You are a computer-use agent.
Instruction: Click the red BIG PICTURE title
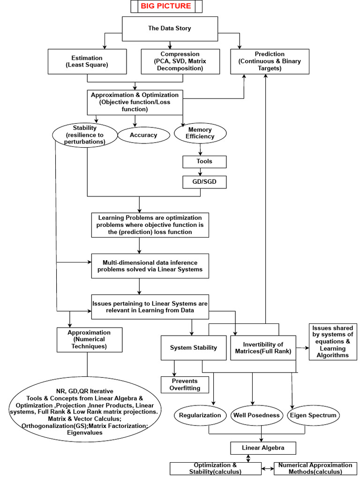point(166,6)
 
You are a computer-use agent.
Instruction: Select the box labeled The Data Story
point(169,29)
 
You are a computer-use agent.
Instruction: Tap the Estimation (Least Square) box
point(87,61)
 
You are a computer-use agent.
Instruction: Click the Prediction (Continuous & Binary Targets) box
point(270,61)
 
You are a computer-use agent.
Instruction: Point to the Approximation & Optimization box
point(135,102)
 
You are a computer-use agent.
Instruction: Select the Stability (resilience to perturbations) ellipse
point(85,135)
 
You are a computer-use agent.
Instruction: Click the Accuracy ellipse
point(143,135)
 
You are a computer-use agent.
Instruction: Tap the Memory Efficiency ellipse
point(200,134)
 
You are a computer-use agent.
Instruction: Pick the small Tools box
point(204,162)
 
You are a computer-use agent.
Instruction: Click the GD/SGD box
point(204,182)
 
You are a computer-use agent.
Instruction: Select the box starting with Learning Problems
point(150,225)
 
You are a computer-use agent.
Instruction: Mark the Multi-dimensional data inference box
point(150,266)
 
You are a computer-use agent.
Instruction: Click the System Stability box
point(193,348)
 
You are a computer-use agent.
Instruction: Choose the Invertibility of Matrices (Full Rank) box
point(263,348)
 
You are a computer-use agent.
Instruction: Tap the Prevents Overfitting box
point(184,385)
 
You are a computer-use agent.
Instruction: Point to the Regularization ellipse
point(200,415)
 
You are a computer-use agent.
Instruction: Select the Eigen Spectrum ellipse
point(312,415)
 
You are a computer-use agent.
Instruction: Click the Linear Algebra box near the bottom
point(263,448)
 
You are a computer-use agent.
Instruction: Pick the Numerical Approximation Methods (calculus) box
point(315,468)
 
